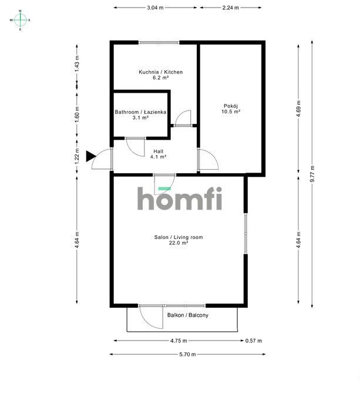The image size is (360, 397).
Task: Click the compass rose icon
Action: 20,20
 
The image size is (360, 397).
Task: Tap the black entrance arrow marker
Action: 90,156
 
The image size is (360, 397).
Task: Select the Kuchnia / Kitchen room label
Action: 160,72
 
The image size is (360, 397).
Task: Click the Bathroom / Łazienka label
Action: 140,112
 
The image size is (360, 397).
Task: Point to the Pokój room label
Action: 231,106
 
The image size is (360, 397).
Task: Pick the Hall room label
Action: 158,151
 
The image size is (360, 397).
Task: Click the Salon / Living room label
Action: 179,237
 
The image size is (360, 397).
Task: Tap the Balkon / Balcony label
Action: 187,315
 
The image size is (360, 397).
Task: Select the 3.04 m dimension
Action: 155,8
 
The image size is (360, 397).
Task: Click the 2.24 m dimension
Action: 231,8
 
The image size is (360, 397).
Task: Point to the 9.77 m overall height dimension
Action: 312,174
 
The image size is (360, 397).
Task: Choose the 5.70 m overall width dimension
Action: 187,354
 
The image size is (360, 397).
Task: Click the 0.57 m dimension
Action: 254,341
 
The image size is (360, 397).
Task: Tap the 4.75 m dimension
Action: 179,341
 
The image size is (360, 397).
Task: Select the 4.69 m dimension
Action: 299,109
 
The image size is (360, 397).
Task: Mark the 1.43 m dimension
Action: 77,63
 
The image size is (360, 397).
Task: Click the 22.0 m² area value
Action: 179,243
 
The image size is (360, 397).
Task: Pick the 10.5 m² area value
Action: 231,112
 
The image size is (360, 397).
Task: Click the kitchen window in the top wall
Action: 159,42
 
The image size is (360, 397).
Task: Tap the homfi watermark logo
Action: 180,198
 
